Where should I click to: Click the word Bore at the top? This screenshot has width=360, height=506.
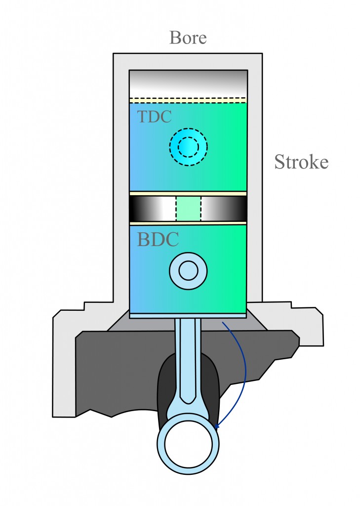point(188,38)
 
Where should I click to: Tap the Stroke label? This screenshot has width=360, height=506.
point(301,162)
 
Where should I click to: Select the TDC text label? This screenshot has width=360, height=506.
point(154,117)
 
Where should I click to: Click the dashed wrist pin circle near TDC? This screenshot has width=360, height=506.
point(188,147)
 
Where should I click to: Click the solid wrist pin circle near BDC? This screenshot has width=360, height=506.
point(188,271)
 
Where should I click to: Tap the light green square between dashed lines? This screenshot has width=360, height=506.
point(188,209)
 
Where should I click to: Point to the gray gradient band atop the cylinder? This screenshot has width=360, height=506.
point(188,83)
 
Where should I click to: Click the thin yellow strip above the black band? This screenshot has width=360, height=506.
point(188,193)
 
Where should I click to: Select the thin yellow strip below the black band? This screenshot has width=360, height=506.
point(188,223)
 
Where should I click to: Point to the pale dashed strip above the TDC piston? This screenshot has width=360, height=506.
point(188,100)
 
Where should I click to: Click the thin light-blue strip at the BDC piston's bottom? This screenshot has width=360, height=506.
point(188,315)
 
